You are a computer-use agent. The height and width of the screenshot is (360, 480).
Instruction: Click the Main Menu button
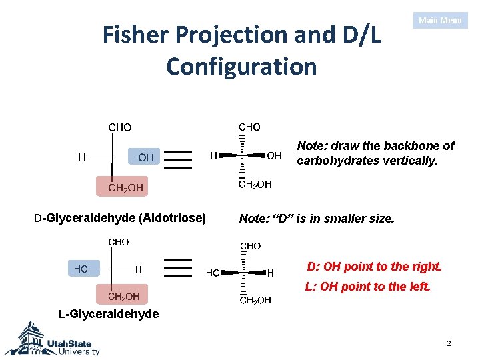(440, 21)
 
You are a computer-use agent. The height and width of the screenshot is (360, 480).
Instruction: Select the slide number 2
(449, 344)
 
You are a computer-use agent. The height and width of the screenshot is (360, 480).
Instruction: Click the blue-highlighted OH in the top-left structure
(145, 158)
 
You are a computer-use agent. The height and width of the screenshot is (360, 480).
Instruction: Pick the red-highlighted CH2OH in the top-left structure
(125, 187)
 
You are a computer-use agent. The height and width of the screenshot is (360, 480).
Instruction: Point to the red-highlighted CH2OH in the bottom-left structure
(123, 296)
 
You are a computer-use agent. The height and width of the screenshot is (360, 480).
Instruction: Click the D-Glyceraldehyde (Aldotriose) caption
(120, 217)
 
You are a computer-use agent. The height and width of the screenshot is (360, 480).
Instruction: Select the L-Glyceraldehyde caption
(109, 314)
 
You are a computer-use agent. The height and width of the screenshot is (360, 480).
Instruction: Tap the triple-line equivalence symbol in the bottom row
(177, 267)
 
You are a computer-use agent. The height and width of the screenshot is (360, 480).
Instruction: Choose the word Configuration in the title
(241, 67)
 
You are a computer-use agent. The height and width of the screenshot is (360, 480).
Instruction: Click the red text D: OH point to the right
(374, 267)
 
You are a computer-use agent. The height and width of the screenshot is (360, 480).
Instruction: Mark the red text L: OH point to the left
(367, 287)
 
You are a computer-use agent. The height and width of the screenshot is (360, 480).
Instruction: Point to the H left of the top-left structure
(81, 158)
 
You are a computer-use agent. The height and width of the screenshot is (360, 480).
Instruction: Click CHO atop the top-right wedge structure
(250, 127)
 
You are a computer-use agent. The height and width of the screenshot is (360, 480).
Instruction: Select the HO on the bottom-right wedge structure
(213, 273)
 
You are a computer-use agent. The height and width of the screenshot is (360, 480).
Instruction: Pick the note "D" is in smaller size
(316, 218)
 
